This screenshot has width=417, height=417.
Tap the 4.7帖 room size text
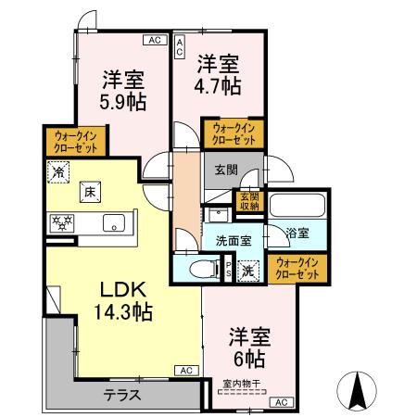(x=219, y=86)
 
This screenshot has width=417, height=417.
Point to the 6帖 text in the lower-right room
(x=248, y=358)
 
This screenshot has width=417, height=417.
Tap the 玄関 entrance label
(x=225, y=169)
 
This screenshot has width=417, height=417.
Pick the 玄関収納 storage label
(x=251, y=201)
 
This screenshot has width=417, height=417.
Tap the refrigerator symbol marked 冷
(x=58, y=172)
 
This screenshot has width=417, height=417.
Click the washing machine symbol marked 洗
(x=248, y=271)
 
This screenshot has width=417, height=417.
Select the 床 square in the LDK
(x=91, y=191)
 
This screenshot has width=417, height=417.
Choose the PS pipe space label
(x=229, y=270)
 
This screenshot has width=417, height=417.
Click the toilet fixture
(x=196, y=270)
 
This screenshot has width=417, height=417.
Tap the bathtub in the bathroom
(x=297, y=205)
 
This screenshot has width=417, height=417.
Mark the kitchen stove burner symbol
(x=62, y=222)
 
